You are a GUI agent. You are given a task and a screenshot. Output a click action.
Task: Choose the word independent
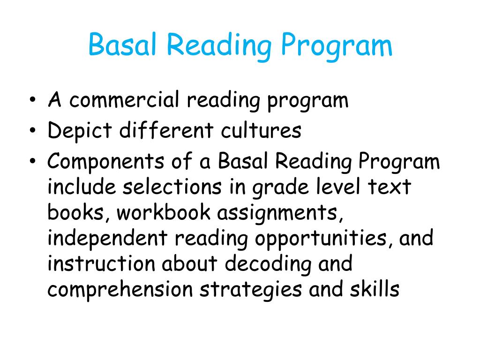point(107,239)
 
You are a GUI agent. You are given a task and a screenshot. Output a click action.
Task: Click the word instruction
point(101,263)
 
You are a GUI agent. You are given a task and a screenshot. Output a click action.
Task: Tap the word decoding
point(268,264)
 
